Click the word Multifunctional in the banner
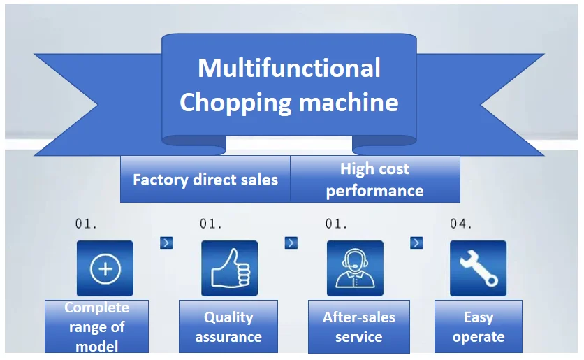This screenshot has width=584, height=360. [x=289, y=69]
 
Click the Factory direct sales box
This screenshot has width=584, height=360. [x=205, y=180]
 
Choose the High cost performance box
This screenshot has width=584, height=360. [x=375, y=180]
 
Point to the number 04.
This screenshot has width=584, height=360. [x=461, y=224]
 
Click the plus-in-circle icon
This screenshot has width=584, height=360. [x=105, y=268]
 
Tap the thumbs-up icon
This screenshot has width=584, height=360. [x=229, y=268]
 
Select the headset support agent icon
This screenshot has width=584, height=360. [x=355, y=268]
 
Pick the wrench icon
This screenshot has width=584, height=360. [x=478, y=268]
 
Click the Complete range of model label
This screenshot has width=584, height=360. [x=97, y=326]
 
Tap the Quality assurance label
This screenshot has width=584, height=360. [x=228, y=326]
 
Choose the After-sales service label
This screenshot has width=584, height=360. [x=359, y=326]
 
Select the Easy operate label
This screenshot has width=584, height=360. [x=479, y=326]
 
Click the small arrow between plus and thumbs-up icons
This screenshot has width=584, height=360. [x=166, y=243]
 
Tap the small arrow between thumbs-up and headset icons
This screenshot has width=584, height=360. [x=291, y=243]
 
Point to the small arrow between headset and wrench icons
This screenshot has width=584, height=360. [x=416, y=243]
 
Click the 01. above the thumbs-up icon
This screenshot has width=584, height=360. [x=211, y=224]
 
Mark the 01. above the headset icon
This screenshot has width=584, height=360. [x=337, y=224]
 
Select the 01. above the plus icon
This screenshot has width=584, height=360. [x=87, y=224]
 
